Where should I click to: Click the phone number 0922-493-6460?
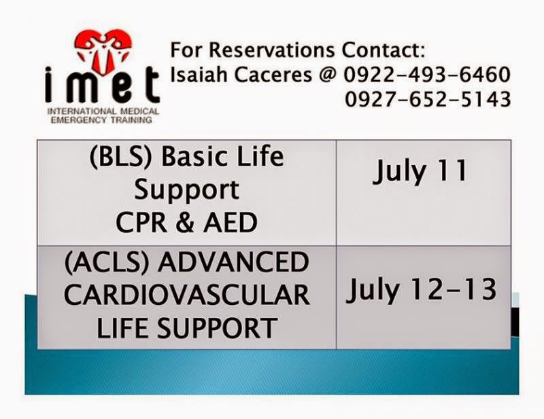(x=426, y=75)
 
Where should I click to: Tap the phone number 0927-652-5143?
(x=426, y=100)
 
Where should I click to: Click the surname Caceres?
(x=277, y=75)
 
